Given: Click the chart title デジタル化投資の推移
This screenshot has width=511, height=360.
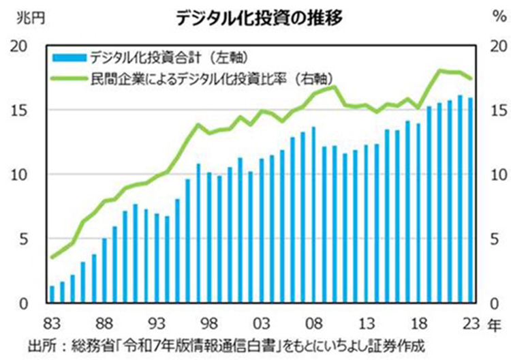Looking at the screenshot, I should pyautogui.click(x=258, y=17).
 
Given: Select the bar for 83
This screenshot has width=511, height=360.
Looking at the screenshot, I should pyautogui.click(x=51, y=294).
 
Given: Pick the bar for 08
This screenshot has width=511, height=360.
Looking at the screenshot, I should pyautogui.click(x=313, y=215).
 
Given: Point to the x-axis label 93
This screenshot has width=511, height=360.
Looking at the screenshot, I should pyautogui.click(x=156, y=322).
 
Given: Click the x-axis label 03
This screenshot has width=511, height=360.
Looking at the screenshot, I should pyautogui.click(x=261, y=322).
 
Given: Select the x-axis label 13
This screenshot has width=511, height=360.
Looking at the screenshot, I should pyautogui.click(x=366, y=322).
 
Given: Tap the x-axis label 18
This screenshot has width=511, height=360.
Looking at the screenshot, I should pyautogui.click(x=418, y=322).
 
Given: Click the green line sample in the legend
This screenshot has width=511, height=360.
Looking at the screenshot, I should pyautogui.click(x=67, y=77).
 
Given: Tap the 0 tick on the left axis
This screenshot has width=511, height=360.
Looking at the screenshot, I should pyautogui.click(x=26, y=303).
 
